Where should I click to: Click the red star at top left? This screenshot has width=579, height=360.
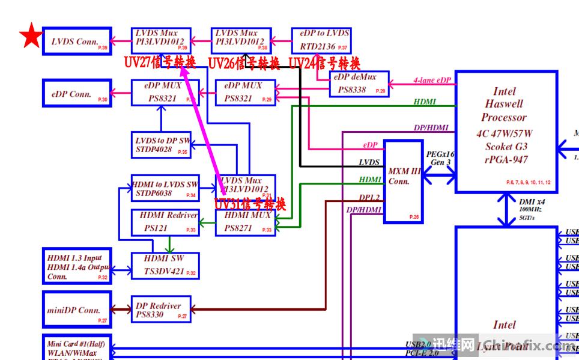tap(31, 37)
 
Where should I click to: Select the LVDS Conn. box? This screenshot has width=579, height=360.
tap(77, 41)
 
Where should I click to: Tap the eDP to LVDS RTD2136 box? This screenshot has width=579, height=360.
tap(320, 41)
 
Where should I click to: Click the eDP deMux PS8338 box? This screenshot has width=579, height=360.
tap(359, 84)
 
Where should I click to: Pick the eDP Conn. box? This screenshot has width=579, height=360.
tap(77, 94)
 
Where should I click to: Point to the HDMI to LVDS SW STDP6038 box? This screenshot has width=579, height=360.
tap(165, 188)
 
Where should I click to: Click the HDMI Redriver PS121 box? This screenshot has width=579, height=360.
tap(165, 222)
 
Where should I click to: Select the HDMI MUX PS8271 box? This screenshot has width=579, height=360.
tap(246, 222)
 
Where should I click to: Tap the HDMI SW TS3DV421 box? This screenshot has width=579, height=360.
tap(165, 265)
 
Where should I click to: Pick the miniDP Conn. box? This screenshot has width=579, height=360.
tap(77, 308)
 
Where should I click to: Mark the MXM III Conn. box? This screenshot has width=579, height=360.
tap(402, 182)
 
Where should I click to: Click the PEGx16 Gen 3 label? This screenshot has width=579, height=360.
tap(440, 159)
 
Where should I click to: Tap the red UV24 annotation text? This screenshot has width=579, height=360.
tap(325, 63)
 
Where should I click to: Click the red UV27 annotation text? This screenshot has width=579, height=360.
tap(160, 63)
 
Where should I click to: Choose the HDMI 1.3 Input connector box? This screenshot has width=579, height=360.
tap(77, 265)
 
